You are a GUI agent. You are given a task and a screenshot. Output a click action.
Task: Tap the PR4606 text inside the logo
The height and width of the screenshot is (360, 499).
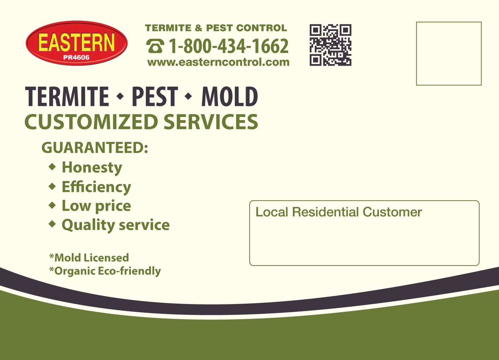click(x=76, y=57)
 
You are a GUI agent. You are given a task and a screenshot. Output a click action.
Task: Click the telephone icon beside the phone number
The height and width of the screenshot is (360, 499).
click(x=155, y=46)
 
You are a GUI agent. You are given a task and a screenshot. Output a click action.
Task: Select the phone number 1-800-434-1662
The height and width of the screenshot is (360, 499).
click(x=228, y=46)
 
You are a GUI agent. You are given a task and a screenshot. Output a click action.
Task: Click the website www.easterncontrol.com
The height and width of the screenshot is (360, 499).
click(x=218, y=62)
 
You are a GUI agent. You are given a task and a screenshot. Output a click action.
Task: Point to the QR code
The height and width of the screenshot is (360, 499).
click(x=330, y=45)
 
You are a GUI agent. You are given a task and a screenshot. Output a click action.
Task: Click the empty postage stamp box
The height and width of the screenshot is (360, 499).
click(x=448, y=54)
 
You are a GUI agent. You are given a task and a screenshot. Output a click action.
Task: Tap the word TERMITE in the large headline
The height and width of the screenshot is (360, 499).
click(x=67, y=96)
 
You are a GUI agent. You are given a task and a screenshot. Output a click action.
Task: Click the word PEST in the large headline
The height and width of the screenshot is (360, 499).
click(x=155, y=96)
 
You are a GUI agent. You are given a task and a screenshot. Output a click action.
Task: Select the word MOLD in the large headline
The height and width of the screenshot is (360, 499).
click(x=229, y=96)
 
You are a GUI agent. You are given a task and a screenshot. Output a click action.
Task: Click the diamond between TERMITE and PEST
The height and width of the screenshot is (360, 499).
click(x=120, y=96)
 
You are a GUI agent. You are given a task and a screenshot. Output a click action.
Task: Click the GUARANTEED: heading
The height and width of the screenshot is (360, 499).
click(x=95, y=148)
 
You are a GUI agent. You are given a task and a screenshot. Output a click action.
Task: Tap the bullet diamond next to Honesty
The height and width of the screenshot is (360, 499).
click(x=52, y=167)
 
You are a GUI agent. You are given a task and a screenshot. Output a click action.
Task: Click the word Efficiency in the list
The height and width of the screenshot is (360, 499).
click(x=96, y=187)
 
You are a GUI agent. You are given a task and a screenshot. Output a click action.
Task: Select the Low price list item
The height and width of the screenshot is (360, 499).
click(x=96, y=206)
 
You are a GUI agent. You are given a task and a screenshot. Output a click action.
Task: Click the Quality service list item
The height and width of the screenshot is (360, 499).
click(x=115, y=225)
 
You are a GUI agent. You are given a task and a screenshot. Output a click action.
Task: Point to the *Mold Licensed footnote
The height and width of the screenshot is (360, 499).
click(x=89, y=258)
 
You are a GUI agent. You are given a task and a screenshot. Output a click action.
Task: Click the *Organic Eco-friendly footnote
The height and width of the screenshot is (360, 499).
click(x=105, y=271)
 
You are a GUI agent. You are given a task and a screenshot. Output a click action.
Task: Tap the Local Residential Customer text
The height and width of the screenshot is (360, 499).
click(x=338, y=212)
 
